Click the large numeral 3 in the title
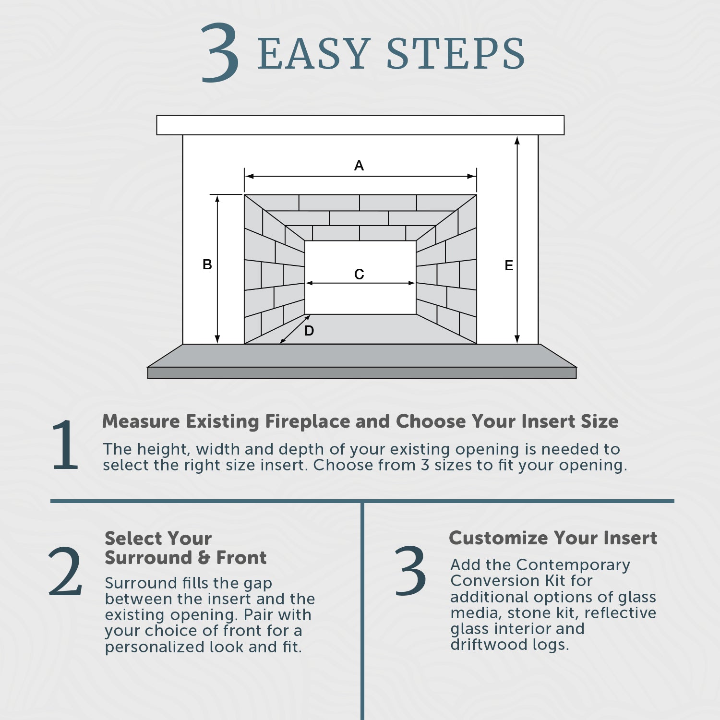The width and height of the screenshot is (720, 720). pos(220,53)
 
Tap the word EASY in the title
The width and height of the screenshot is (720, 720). pos(314,54)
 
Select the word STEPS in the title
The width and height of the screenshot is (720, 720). pos(456,54)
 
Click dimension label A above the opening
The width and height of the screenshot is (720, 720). pos(359,166)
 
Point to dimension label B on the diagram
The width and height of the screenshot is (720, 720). pos(207,264)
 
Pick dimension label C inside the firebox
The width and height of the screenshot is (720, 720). pos(359,274)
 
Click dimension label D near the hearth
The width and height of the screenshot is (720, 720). pos(309,331)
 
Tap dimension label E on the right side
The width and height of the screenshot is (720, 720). pos(509,265)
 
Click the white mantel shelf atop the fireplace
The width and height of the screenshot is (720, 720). pos(360,125)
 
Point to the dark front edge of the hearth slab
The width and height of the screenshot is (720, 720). pos(362,373)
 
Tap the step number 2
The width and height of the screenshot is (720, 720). pos(66,572)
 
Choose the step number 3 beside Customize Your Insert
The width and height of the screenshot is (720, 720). pos(410,571)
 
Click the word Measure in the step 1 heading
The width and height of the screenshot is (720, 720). pos(142,421)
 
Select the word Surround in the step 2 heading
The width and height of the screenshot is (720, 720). pos(148,558)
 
